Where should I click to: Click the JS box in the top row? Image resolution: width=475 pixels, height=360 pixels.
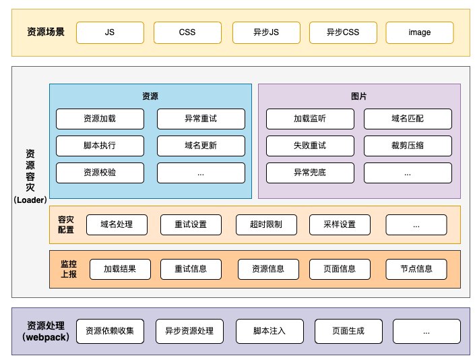tap(110, 32)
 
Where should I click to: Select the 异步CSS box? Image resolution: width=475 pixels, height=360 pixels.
tap(343, 32)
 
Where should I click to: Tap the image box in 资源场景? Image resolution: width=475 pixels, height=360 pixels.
tap(419, 32)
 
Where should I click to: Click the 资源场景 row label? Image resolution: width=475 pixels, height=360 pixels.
tap(46, 32)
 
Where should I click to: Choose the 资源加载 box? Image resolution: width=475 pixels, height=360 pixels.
tap(100, 119)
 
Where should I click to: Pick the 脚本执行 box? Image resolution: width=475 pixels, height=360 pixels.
tap(100, 146)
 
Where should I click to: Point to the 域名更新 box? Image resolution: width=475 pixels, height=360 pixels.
tap(201, 146)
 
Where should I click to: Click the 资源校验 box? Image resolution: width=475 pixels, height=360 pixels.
tap(100, 173)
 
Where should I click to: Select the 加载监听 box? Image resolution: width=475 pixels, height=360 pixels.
tap(310, 119)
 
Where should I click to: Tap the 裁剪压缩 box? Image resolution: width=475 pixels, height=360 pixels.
tap(408, 146)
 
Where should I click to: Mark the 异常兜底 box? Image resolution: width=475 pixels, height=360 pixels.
tap(310, 173)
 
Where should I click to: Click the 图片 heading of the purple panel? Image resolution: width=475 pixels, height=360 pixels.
tap(359, 96)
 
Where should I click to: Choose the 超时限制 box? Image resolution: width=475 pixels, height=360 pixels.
tap(266, 224)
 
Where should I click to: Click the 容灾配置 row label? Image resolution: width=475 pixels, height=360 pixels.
tap(66, 224)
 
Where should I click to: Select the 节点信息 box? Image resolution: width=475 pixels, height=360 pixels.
tap(416, 269)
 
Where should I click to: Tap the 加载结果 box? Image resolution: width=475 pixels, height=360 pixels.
tap(120, 269)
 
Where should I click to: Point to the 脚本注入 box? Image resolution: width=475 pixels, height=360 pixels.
tap(270, 331)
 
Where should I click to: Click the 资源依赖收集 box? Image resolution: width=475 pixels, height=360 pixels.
tap(110, 331)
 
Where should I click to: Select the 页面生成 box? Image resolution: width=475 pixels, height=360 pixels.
tap(348, 331)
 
